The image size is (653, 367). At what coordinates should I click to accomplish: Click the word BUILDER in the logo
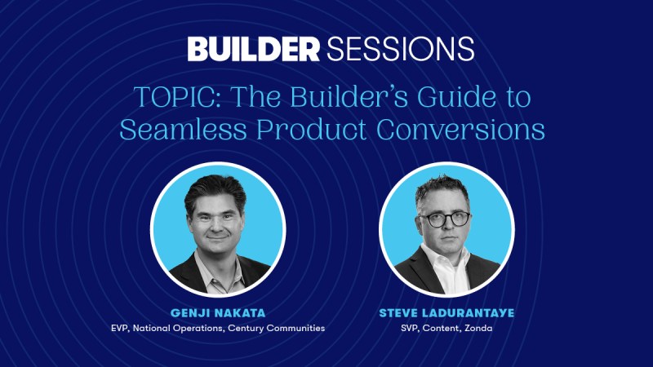click(253, 49)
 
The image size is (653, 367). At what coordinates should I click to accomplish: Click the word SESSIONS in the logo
click(401, 49)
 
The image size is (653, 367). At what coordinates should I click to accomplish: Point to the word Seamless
click(183, 130)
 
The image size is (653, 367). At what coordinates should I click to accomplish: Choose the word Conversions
click(460, 130)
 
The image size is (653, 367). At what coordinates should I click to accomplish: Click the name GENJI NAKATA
click(218, 313)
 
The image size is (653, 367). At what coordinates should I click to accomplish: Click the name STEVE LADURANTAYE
click(446, 313)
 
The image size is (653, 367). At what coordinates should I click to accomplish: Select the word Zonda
click(478, 329)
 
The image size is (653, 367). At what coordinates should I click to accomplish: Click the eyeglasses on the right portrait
click(444, 219)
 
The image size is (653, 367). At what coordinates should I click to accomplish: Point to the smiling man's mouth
click(217, 237)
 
